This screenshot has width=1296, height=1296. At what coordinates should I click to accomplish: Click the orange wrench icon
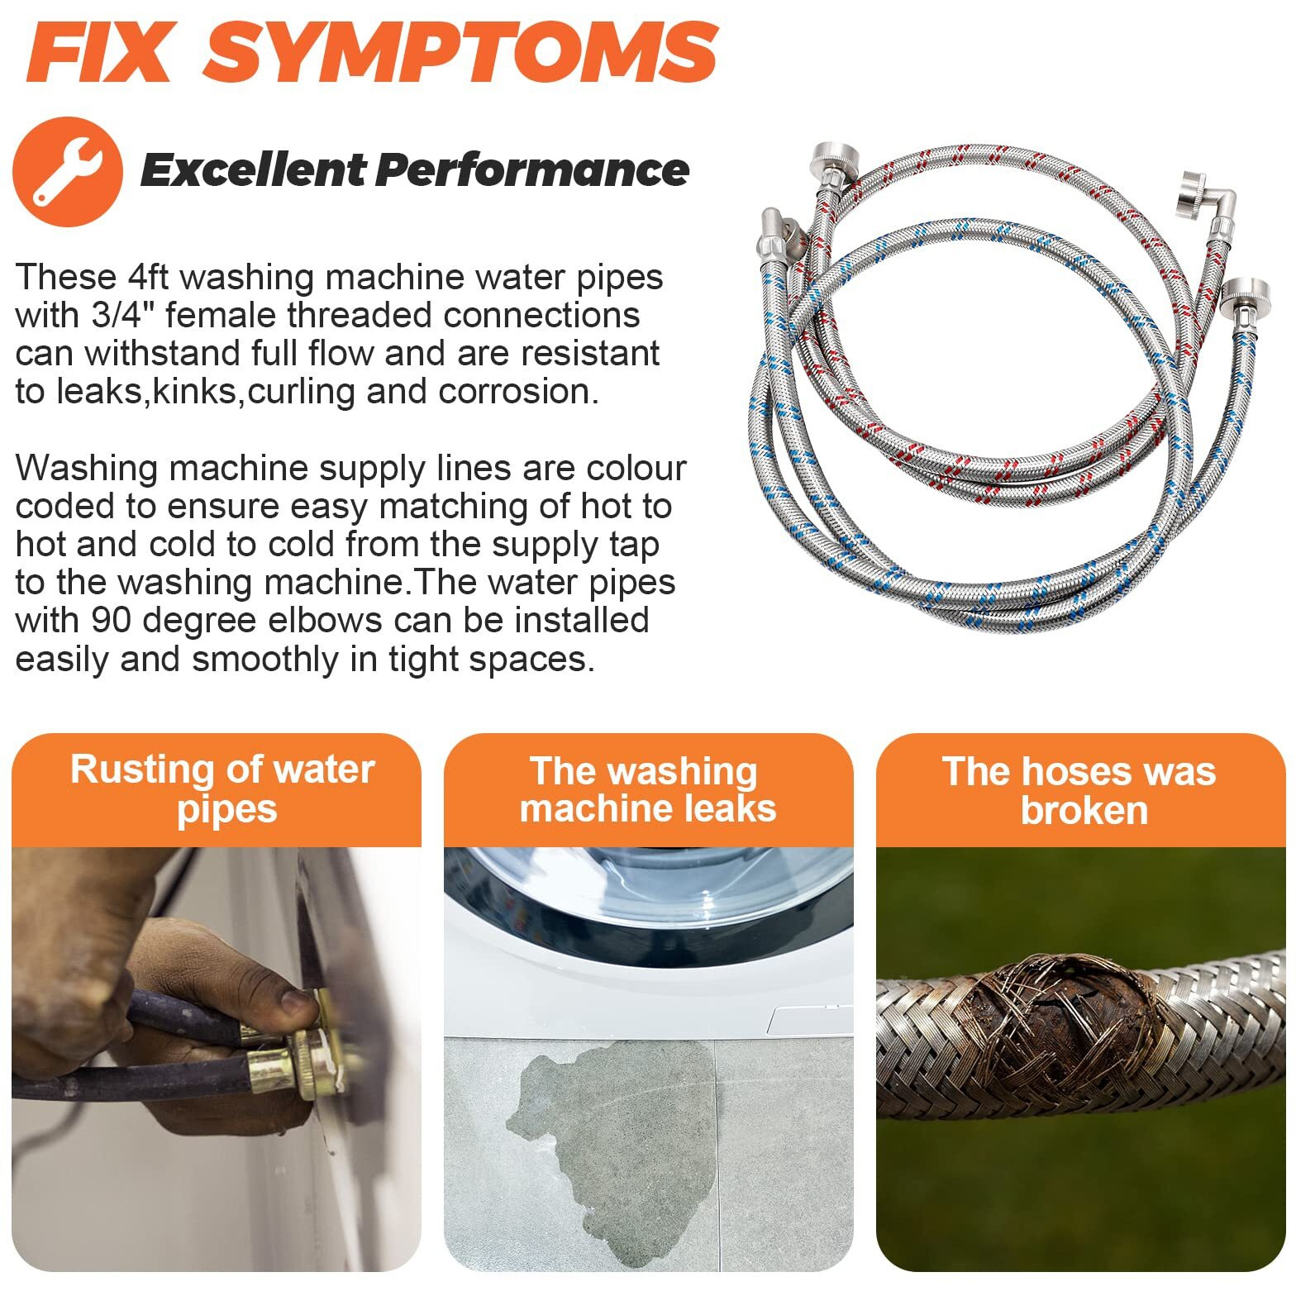tap(68, 172)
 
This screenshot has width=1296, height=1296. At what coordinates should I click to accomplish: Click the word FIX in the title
tap(98, 52)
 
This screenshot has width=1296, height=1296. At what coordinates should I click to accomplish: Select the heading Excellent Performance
tap(415, 170)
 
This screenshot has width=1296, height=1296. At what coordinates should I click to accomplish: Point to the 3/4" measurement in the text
tap(133, 315)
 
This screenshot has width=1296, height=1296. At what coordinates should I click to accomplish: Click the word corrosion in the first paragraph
tap(518, 392)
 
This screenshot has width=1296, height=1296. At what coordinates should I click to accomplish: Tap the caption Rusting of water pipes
tap(223, 789)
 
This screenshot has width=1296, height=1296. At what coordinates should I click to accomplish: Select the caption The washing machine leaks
tap(648, 789)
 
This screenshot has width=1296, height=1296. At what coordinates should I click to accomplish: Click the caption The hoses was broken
tap(1079, 790)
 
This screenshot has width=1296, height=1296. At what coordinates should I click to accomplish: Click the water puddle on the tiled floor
tap(612, 1141)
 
